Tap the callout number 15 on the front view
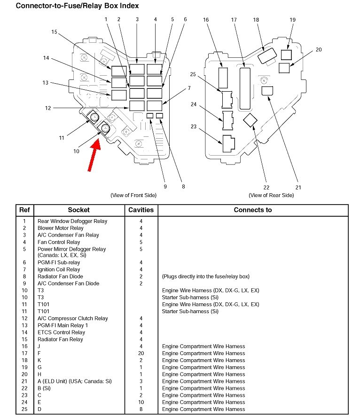tap(54, 32)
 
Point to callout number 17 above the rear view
tap(234, 20)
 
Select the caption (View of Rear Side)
tap(271, 195)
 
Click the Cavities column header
tap(141, 210)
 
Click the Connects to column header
tap(253, 210)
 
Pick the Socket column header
tap(78, 210)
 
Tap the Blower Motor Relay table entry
tap(61, 228)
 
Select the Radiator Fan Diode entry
tap(60, 276)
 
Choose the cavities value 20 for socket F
tap(141, 353)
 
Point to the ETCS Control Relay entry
tap(61, 332)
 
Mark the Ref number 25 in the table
tap(24, 409)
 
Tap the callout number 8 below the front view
tap(183, 186)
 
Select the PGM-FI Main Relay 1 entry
tap(63, 325)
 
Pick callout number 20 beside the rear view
tap(319, 49)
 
